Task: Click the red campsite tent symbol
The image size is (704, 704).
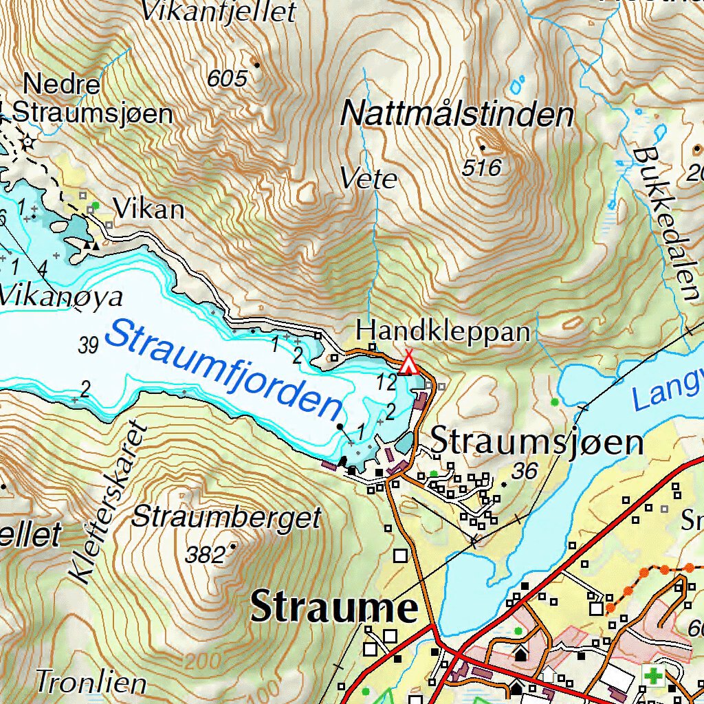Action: pos(409,364)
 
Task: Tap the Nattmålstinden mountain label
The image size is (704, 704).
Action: pos(457,114)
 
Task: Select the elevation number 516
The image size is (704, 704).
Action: pos(482,167)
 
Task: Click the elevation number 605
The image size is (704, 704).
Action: pos(227,79)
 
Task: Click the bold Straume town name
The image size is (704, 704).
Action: pos(334,608)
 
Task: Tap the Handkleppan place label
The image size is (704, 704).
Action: pos(443,331)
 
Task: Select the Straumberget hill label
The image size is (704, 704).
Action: pos(226,517)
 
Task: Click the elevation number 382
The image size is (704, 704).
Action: pos(206,555)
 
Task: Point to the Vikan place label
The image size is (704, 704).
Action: pos(149,209)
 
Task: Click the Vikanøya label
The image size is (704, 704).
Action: pos(60,297)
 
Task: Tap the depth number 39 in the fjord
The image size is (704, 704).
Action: pos(89,345)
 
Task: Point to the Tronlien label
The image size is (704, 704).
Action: pos(91,683)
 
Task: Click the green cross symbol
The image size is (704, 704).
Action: pos(654,675)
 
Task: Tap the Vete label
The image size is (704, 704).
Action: pos(368,179)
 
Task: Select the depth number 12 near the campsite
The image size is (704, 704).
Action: pos(386,382)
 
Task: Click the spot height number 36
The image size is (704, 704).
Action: pos(525,470)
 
